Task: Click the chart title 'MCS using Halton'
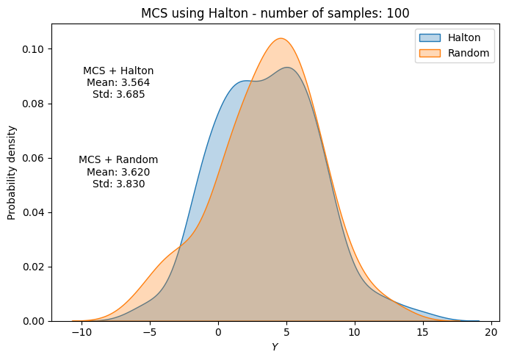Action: coord(275,12)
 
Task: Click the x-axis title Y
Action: coord(275,347)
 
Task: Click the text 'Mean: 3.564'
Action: coord(118,83)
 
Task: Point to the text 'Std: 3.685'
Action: coord(118,95)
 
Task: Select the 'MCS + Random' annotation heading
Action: coord(118,160)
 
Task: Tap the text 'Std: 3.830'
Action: coord(118,184)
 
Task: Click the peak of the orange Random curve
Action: coord(281,39)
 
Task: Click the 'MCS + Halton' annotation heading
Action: coord(118,71)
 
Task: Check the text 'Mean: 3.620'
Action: coord(118,172)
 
